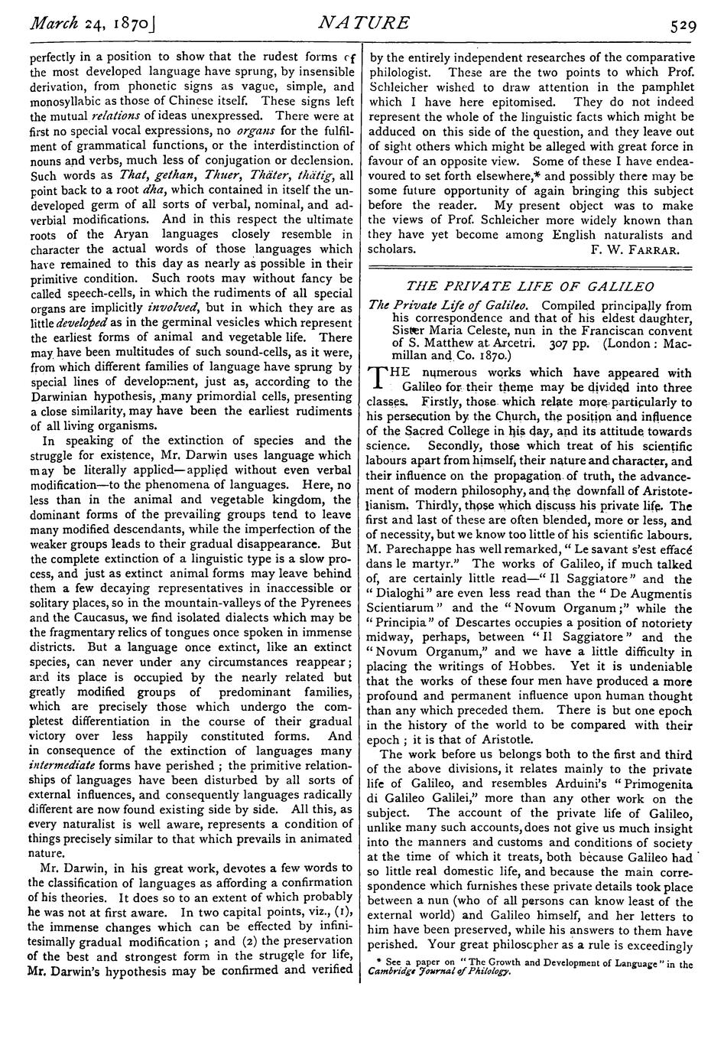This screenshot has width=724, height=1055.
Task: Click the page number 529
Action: pyautogui.click(x=679, y=24)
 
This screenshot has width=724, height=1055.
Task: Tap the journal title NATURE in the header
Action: pyautogui.click(x=363, y=23)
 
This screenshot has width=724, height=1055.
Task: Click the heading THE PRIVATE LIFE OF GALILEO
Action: pyautogui.click(x=531, y=286)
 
